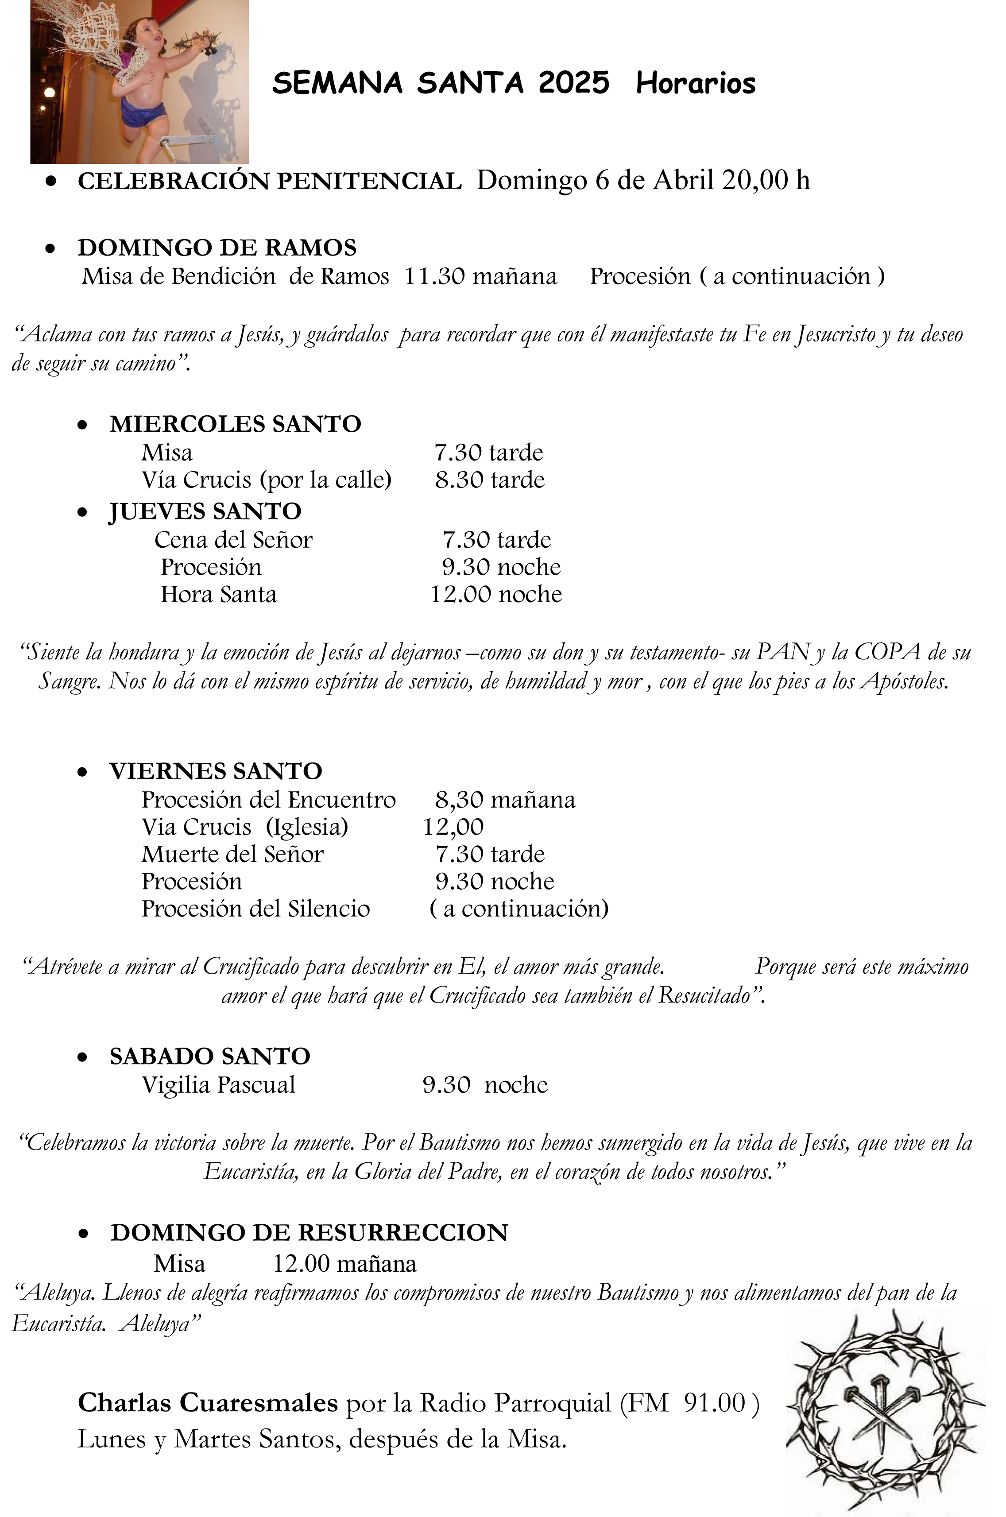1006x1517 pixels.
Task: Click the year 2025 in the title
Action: click(573, 83)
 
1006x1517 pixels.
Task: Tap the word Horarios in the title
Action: click(696, 83)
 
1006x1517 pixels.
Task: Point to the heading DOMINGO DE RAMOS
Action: click(217, 248)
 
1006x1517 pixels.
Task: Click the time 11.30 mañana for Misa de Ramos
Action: click(480, 276)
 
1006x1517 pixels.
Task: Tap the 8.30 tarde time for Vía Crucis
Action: click(490, 480)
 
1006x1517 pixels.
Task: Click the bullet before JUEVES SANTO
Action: click(82, 512)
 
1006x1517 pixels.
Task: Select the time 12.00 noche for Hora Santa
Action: click(496, 595)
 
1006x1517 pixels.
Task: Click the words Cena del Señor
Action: click(233, 540)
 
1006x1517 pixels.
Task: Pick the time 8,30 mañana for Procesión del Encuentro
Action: click(505, 800)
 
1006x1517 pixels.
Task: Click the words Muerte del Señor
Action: click(232, 855)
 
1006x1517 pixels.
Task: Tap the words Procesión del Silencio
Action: click(255, 909)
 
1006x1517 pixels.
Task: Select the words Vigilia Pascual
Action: click(218, 1085)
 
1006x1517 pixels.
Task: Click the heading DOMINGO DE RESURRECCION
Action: click(309, 1233)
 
